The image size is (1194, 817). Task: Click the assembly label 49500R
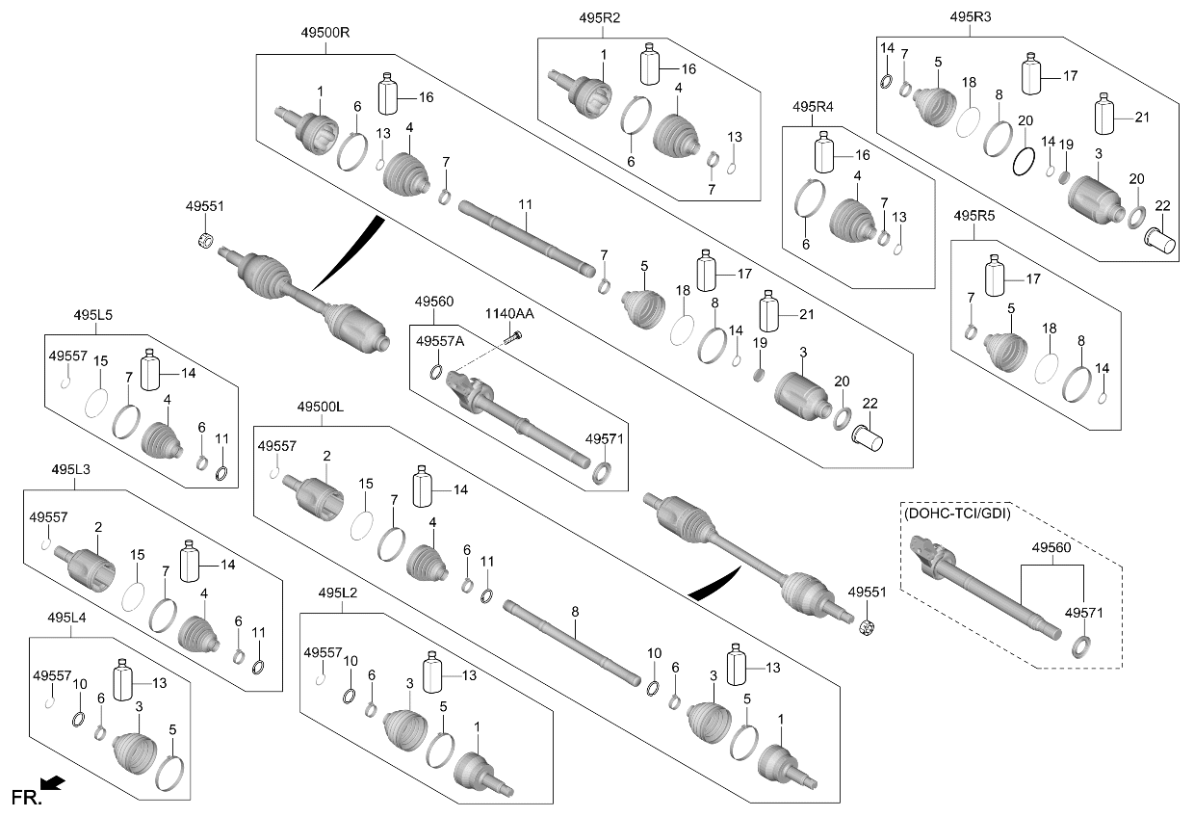[x=325, y=33]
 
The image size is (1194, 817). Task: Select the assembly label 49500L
[x=321, y=407]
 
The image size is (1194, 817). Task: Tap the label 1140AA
[x=509, y=313]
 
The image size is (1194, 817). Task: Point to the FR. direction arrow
[x=53, y=783]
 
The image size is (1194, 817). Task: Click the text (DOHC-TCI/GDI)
[x=957, y=514]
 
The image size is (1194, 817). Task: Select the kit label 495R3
[x=971, y=17]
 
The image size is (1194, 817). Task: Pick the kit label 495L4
[x=66, y=618]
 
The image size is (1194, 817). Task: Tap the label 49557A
[x=440, y=341]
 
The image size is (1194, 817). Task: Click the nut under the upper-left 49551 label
[x=205, y=240]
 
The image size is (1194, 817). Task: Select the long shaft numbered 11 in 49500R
[x=527, y=238]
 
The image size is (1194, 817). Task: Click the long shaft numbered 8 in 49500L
[x=571, y=643]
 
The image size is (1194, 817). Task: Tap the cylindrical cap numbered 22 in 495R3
[x=1160, y=241]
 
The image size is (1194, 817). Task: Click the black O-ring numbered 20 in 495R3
[x=1024, y=162]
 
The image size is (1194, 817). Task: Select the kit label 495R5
[x=974, y=216]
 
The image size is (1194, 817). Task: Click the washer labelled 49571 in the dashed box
[x=1080, y=646]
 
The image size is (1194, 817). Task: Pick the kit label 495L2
[x=338, y=593]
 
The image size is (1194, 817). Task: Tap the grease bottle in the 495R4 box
[x=824, y=152]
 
